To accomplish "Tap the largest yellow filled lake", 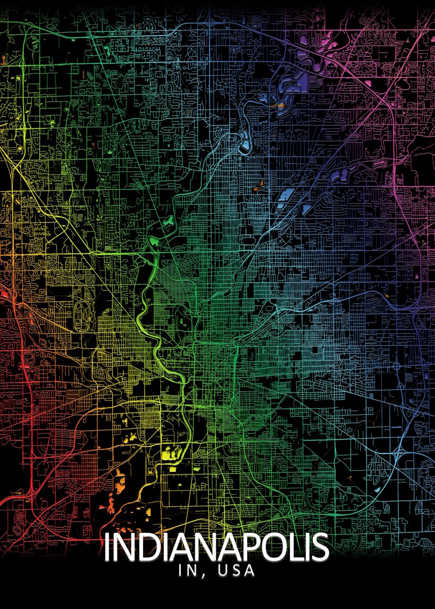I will (x=171, y=453).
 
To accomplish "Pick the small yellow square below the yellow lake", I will (x=173, y=469).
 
